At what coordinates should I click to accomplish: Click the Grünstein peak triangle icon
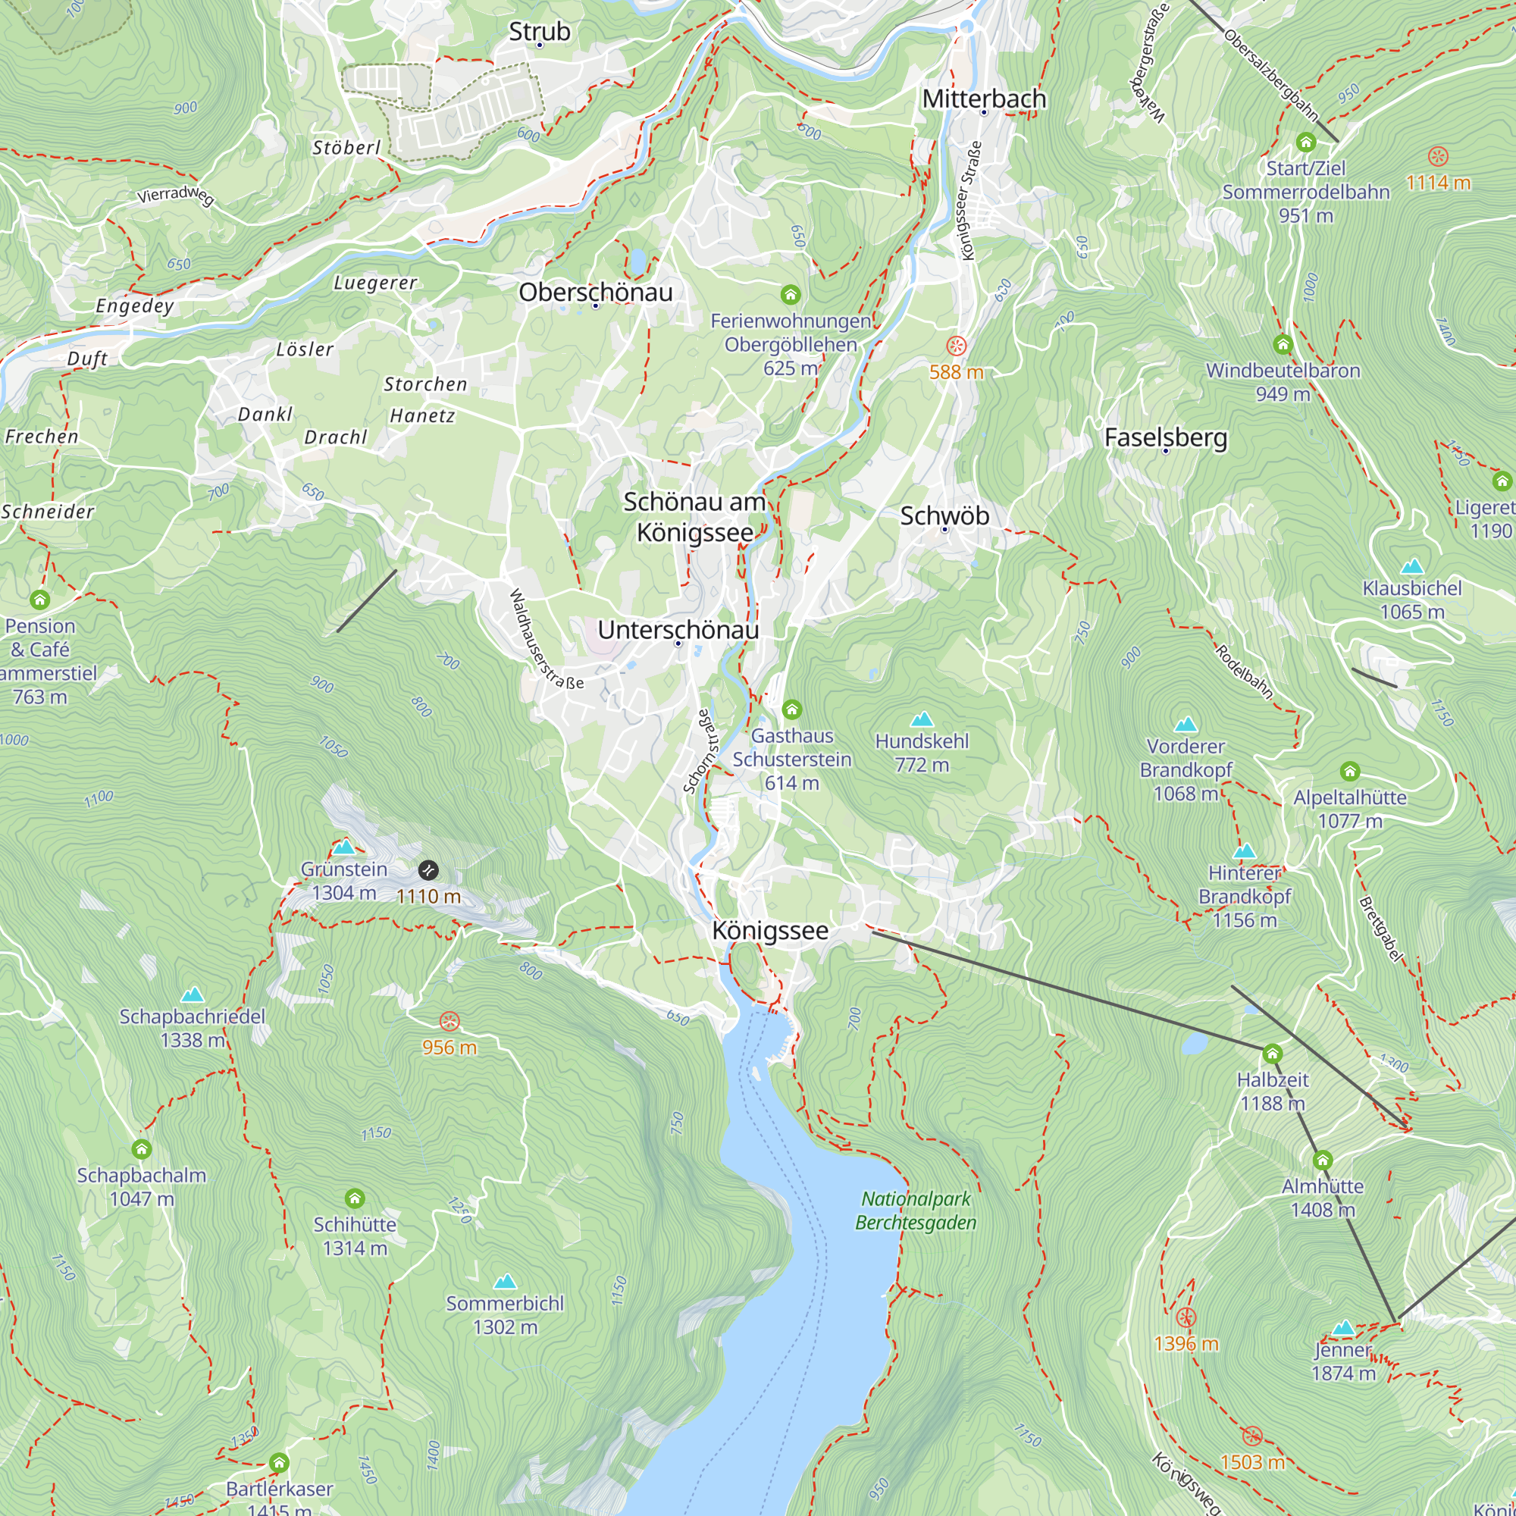(343, 847)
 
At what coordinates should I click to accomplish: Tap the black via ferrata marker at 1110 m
(428, 869)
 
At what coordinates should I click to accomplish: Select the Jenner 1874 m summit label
(1342, 1361)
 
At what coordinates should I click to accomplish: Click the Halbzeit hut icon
(1272, 1053)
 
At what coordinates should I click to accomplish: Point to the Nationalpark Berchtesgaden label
(916, 1211)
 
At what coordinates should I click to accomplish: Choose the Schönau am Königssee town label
(694, 517)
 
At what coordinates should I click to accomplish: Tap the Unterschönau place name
(678, 630)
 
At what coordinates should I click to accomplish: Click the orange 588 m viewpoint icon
(956, 346)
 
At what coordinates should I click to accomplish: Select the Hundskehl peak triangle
(922, 719)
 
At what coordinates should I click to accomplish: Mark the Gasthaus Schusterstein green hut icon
(792, 709)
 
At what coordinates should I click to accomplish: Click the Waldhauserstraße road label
(546, 640)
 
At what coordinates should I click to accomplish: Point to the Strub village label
(540, 31)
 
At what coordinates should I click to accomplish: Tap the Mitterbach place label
(984, 99)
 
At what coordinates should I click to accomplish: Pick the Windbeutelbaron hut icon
(1283, 343)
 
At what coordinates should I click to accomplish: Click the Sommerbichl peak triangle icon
(505, 1283)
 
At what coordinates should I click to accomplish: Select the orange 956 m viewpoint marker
(449, 1022)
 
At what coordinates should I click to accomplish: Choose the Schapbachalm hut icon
(141, 1149)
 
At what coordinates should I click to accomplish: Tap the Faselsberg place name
(1165, 438)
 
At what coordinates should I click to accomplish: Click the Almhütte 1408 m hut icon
(1322, 1160)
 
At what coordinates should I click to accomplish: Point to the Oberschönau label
(596, 293)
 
